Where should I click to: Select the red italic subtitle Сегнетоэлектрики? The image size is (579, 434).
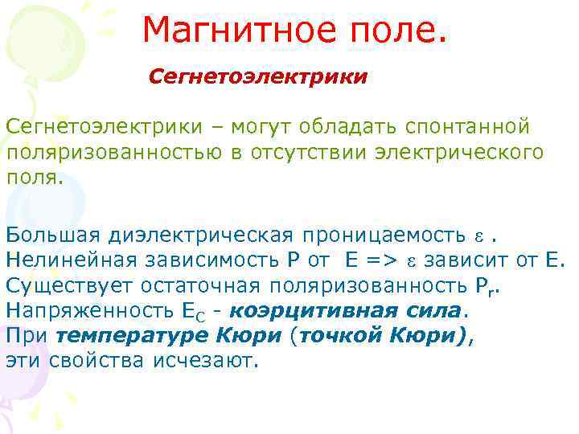(258, 78)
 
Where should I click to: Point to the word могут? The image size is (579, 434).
(262, 127)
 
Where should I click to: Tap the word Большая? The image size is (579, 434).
(51, 235)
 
